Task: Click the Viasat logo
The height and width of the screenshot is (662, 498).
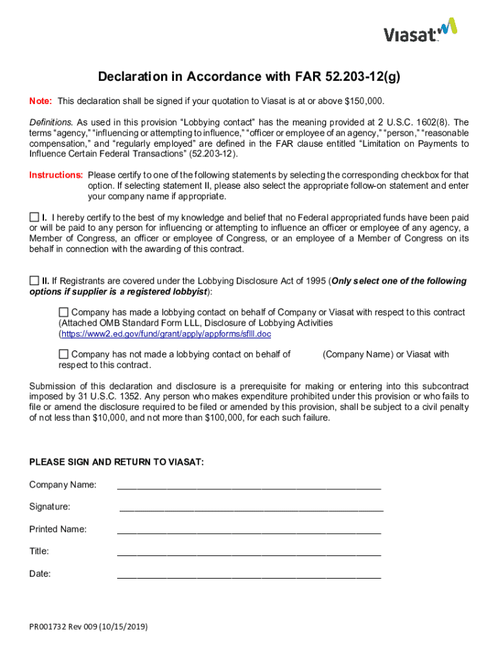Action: [x=420, y=30]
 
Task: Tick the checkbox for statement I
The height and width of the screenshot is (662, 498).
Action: [x=34, y=217]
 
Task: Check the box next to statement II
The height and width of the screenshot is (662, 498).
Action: [x=34, y=281]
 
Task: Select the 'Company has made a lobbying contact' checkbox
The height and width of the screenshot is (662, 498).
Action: [x=63, y=312]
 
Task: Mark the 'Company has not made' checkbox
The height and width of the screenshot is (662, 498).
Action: [x=63, y=354]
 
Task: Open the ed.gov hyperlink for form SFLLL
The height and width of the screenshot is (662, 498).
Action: [x=166, y=334]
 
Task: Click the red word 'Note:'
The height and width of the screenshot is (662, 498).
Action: [x=41, y=101]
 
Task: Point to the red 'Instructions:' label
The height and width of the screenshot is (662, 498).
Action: [x=56, y=175]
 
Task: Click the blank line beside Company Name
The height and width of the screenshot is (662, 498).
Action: [x=248, y=486]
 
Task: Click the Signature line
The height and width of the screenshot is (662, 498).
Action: [x=251, y=508]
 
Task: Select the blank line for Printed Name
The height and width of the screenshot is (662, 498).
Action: [x=248, y=530]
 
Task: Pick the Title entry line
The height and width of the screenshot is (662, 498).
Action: [x=248, y=553]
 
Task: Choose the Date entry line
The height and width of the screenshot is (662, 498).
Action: [x=248, y=575]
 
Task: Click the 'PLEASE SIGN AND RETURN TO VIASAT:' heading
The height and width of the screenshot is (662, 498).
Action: [x=116, y=462]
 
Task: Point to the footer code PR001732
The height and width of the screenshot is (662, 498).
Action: [x=49, y=627]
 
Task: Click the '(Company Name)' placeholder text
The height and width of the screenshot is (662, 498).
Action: [x=358, y=354]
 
